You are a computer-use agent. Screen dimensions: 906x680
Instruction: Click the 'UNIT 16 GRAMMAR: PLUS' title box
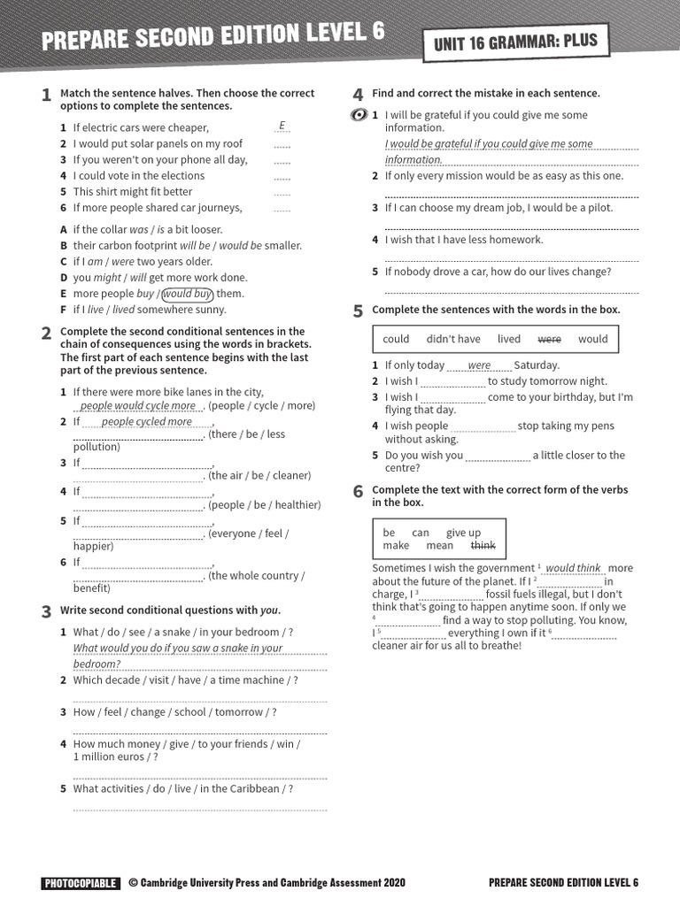(516, 42)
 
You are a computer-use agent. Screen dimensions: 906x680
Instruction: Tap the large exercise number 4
(358, 95)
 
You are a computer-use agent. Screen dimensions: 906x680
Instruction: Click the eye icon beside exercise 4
(359, 115)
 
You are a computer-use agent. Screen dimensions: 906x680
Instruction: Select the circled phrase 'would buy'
(188, 294)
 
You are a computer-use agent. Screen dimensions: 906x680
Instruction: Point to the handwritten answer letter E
(282, 126)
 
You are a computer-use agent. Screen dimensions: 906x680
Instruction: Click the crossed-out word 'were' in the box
(549, 339)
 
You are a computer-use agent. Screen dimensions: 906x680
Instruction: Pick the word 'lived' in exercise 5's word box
(509, 339)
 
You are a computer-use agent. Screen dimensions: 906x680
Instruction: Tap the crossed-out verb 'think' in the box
(483, 546)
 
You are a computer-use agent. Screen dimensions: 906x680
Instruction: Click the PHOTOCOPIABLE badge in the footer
(80, 882)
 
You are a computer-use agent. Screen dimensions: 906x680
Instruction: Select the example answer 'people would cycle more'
(137, 406)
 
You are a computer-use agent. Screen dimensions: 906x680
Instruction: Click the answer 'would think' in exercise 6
(573, 568)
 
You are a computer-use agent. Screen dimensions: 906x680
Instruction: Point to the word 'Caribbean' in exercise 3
(252, 788)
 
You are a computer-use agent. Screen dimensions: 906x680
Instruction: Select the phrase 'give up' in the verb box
(463, 533)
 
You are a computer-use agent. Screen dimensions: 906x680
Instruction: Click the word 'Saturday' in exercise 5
(536, 365)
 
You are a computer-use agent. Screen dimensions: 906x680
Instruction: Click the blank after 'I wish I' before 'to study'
(452, 382)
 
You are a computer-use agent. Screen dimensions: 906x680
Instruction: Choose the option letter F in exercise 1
(64, 310)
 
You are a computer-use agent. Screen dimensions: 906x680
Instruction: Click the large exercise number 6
(358, 492)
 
